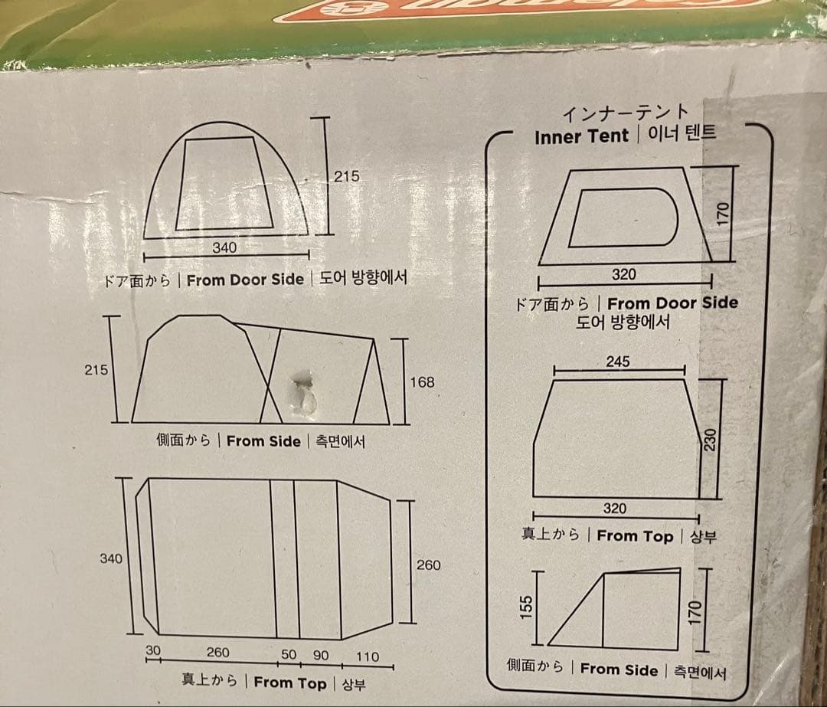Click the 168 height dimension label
pyautogui.click(x=422, y=381)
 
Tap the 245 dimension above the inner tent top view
pyautogui.click(x=617, y=362)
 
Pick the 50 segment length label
pyautogui.click(x=289, y=656)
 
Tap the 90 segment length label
pyautogui.click(x=321, y=656)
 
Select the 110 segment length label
pyautogui.click(x=368, y=656)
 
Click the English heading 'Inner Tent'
pyautogui.click(x=581, y=136)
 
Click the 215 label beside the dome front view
pyautogui.click(x=346, y=176)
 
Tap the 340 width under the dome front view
pyautogui.click(x=224, y=247)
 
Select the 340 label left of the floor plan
pyautogui.click(x=111, y=558)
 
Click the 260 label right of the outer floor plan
pyautogui.click(x=428, y=565)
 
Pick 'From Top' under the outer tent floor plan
pyautogui.click(x=289, y=682)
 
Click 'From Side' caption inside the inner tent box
pyautogui.click(x=619, y=669)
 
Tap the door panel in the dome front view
pyautogui.click(x=224, y=184)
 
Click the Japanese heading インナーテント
pyautogui.click(x=626, y=113)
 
